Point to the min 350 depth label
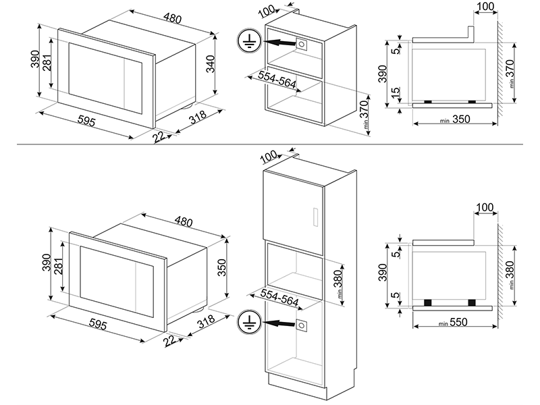click(452, 120)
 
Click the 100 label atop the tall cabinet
click(269, 157)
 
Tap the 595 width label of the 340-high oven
click(86, 122)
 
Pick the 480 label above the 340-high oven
click(173, 18)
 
